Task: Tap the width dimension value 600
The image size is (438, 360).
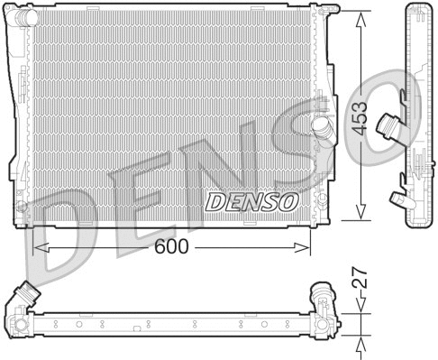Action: pos(170,246)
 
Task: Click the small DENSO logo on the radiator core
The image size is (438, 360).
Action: pos(251,201)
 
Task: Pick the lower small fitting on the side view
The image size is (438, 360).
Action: pos(396,194)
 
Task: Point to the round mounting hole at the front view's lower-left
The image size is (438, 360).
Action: pos(23,209)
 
